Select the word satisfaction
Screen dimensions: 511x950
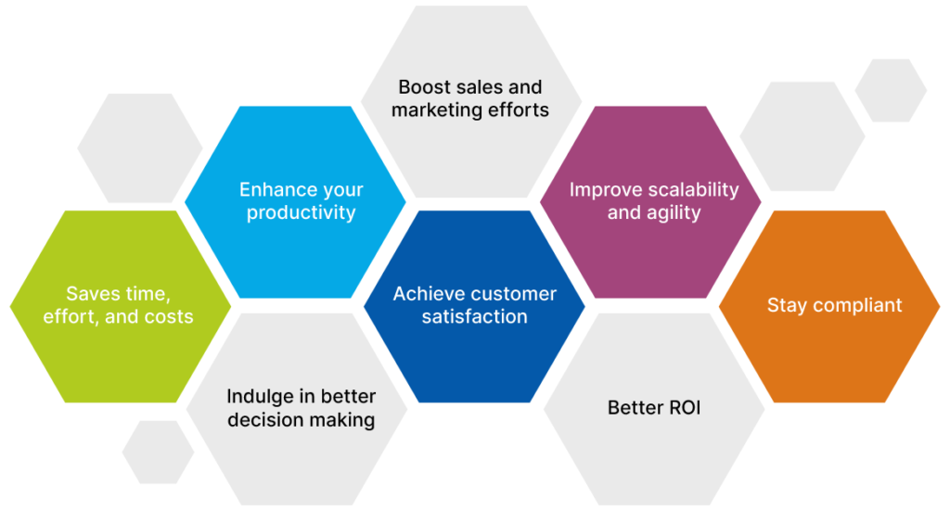(474, 317)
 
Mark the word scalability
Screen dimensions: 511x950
(693, 190)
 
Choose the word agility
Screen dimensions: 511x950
(671, 213)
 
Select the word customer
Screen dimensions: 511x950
(515, 294)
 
